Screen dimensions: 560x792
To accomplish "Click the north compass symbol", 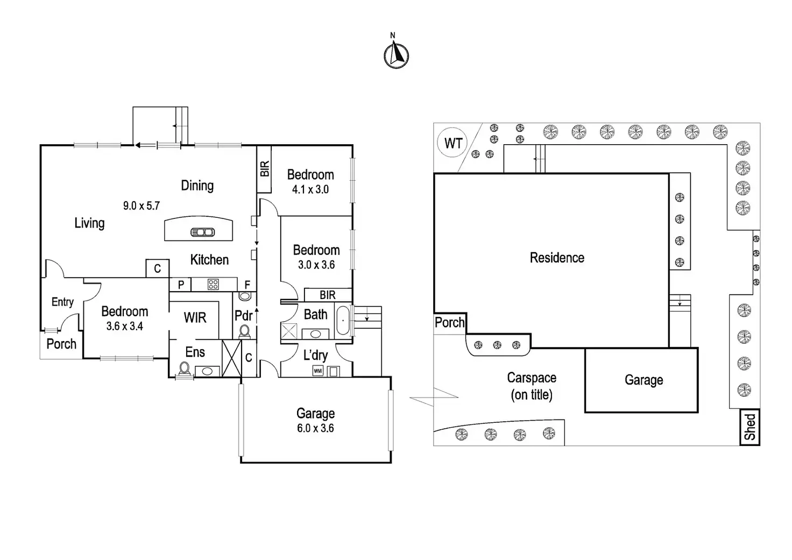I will pyautogui.click(x=396, y=54).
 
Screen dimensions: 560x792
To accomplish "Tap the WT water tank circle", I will pyautogui.click(x=453, y=143).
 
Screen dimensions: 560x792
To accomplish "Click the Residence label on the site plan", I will pyautogui.click(x=557, y=258).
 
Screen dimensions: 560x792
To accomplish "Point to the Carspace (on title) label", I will pyautogui.click(x=532, y=386).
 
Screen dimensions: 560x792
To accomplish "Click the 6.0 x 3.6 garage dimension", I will pyautogui.click(x=315, y=428).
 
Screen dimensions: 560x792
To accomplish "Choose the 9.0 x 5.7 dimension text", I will pyautogui.click(x=141, y=205).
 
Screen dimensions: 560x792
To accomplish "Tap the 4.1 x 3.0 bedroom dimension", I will pyautogui.click(x=310, y=189).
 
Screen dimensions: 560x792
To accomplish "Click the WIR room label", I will pyautogui.click(x=195, y=318).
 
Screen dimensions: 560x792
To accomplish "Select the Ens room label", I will pyautogui.click(x=195, y=352).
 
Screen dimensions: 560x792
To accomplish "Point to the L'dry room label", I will pyautogui.click(x=315, y=355).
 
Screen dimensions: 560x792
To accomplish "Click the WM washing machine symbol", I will pyautogui.click(x=318, y=371).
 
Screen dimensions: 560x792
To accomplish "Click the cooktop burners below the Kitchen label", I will pyautogui.click(x=213, y=284).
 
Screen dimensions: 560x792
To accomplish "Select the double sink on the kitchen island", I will pyautogui.click(x=203, y=232).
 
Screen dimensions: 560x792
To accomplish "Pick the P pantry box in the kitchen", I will pyautogui.click(x=181, y=285).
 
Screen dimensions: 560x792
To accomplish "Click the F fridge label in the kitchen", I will pyautogui.click(x=247, y=285).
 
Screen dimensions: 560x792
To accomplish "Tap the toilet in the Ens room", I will pyautogui.click(x=185, y=368).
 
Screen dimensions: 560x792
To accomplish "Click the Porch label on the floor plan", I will pyautogui.click(x=61, y=344).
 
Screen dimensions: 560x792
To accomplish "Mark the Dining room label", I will pyautogui.click(x=197, y=186).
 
